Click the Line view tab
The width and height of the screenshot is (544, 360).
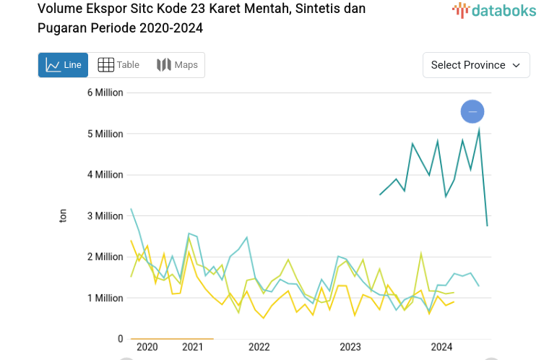coord(64,65)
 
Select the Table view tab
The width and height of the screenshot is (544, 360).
coord(118,65)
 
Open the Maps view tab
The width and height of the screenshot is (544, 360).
coord(177,65)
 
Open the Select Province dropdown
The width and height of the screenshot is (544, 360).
coord(476,65)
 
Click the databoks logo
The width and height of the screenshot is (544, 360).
coord(493,10)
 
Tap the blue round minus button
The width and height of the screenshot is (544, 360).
coord(472,111)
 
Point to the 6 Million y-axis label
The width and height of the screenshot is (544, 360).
coord(105,93)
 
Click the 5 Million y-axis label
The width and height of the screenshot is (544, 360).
coord(105,134)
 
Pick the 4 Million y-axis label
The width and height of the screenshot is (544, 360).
coord(105,175)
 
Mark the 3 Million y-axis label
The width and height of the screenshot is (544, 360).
coord(105,216)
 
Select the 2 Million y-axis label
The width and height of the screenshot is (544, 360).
coord(105,257)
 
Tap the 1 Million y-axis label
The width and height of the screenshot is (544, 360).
coord(105,298)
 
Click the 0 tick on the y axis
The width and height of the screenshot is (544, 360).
coord(120,338)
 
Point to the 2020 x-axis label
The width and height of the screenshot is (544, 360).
coord(147,347)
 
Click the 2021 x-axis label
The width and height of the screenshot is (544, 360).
coord(192,347)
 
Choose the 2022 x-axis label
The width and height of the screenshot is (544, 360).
coord(259,347)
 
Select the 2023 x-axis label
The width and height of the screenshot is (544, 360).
coord(350,347)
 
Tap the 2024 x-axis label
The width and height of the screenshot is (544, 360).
coord(441,347)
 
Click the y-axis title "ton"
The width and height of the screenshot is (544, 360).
coord(63,215)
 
